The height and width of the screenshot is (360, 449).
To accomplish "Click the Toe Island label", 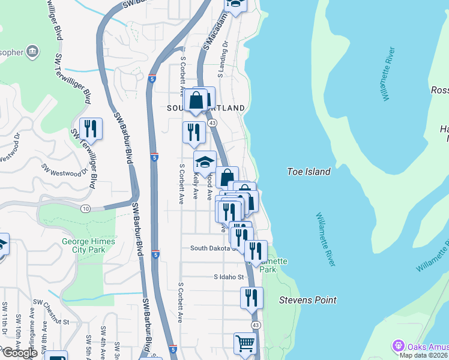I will pyautogui.click(x=309, y=172).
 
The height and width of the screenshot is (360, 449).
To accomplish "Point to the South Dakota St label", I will pyautogui.click(x=213, y=248).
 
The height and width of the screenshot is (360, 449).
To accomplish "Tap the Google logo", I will pyautogui.click(x=19, y=353).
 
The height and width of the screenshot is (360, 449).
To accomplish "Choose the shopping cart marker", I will pyautogui.click(x=244, y=344).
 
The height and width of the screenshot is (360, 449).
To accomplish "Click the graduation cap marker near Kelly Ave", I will pyautogui.click(x=205, y=162).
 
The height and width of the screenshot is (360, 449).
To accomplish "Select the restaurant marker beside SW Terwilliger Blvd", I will pyautogui.click(x=91, y=128).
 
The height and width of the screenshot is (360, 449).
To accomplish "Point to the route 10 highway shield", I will pyautogui.click(x=86, y=208).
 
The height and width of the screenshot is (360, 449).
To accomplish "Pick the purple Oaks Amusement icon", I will pyautogui.click(x=397, y=346).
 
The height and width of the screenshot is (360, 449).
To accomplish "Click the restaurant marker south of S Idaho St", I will pyautogui.click(x=252, y=298).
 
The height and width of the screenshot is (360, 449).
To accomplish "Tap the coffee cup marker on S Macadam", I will pyautogui.click(x=236, y=5).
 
